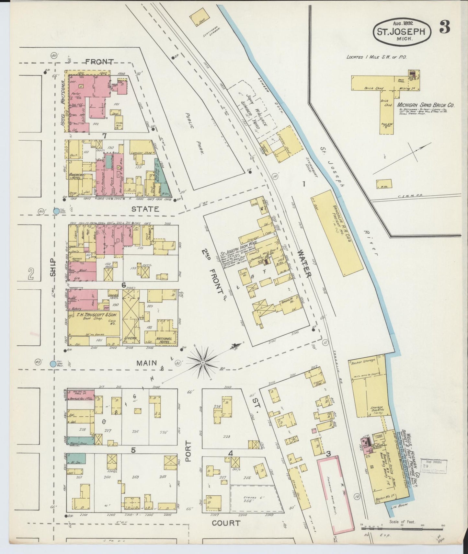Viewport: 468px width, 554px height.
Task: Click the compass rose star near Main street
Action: click(x=202, y=362)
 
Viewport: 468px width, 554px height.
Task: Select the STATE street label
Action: click(x=145, y=209)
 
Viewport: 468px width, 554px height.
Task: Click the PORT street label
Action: click(x=188, y=451)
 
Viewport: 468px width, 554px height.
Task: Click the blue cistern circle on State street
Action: click(x=56, y=211)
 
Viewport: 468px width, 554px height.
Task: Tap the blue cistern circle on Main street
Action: click(x=53, y=364)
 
